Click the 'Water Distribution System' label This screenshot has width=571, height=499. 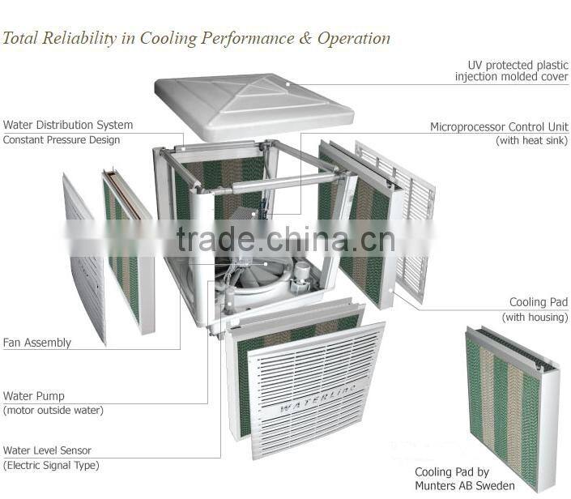click(68, 125)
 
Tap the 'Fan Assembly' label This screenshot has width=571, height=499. click(37, 343)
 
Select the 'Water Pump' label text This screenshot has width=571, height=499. click(34, 396)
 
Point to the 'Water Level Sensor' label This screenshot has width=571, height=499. click(47, 450)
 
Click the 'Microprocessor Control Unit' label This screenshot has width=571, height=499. click(499, 127)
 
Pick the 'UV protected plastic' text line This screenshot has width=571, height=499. click(518, 65)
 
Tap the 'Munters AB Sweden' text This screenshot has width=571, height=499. click(464, 486)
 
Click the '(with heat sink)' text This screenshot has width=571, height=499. click(532, 141)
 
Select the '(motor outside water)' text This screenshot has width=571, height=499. click(53, 410)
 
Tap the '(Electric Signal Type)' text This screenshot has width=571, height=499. click(51, 465)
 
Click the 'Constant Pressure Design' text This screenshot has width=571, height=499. click(62, 139)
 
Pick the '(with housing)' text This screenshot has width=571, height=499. click(535, 317)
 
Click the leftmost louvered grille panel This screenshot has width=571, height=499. click(83, 259)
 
